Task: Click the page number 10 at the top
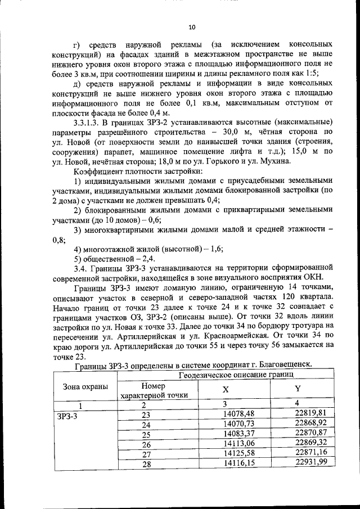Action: click(x=191, y=26)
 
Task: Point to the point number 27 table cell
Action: click(x=147, y=453)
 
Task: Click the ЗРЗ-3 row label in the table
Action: click(x=67, y=417)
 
